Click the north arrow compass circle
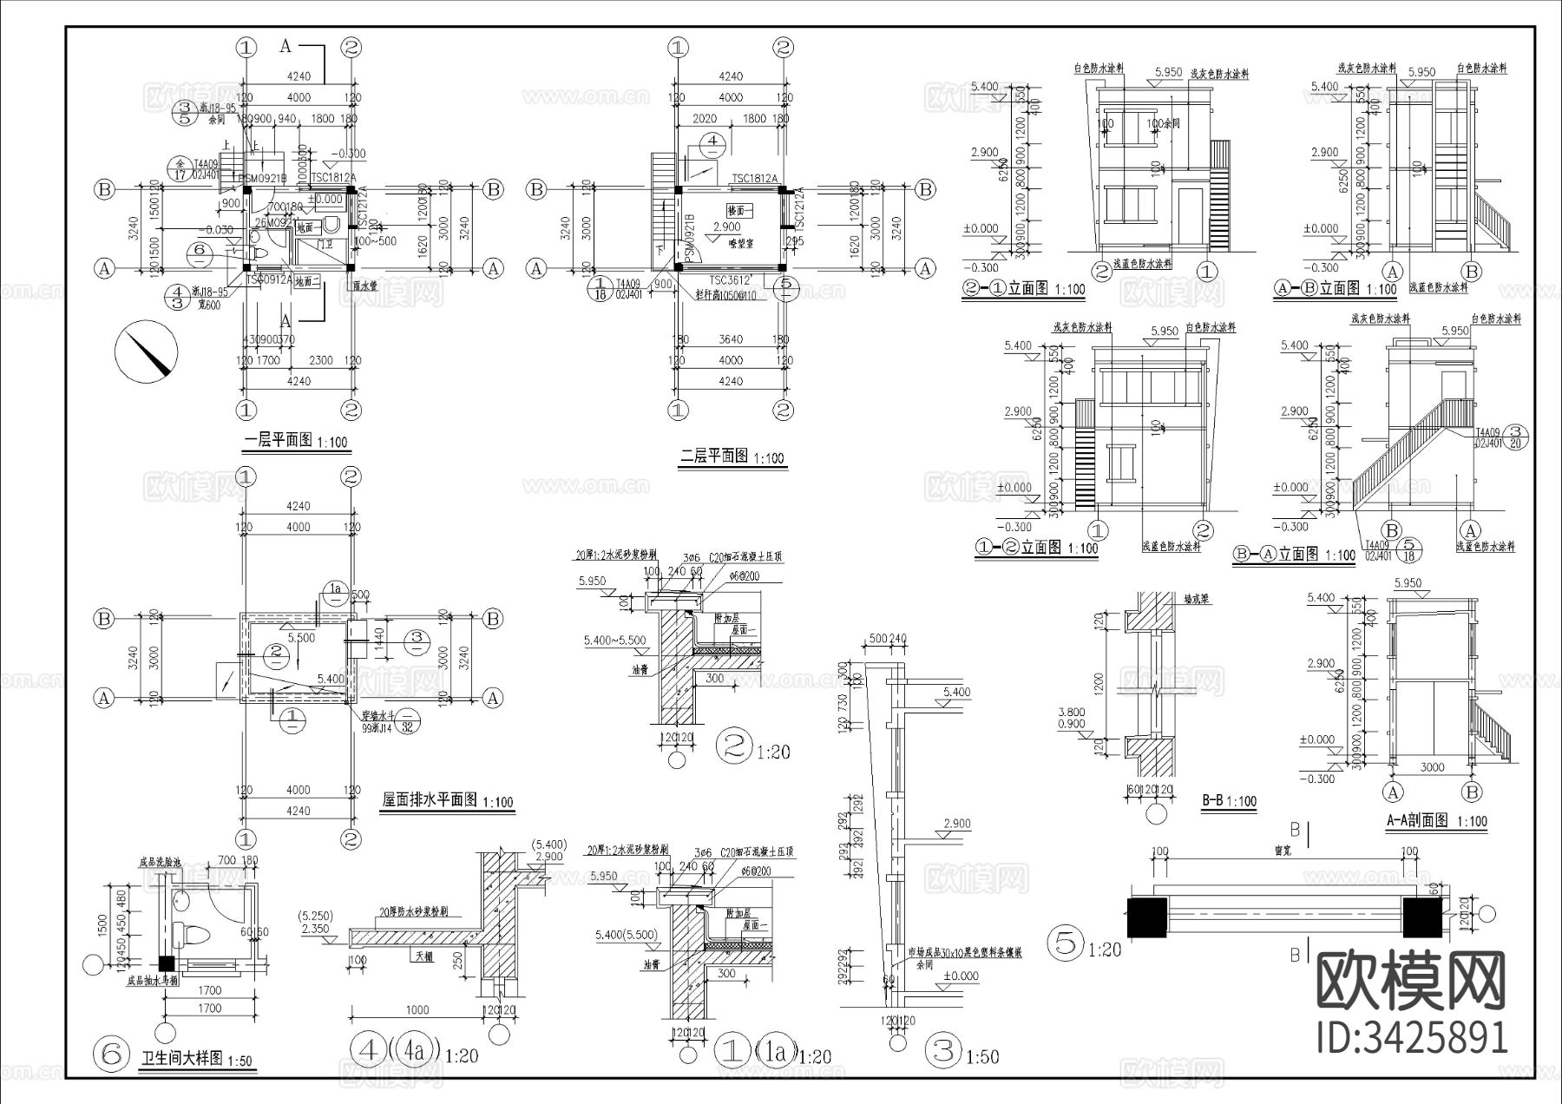tap(146, 351)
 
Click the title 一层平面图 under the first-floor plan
tap(278, 441)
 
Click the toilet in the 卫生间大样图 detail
tap(192, 936)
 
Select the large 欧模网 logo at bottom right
tap(1411, 982)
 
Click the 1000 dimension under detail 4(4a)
tap(417, 1010)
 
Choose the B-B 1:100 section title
tap(1229, 801)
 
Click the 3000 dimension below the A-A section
tap(1432, 767)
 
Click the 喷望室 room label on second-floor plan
tap(740, 244)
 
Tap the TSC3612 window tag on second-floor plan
tap(728, 280)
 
